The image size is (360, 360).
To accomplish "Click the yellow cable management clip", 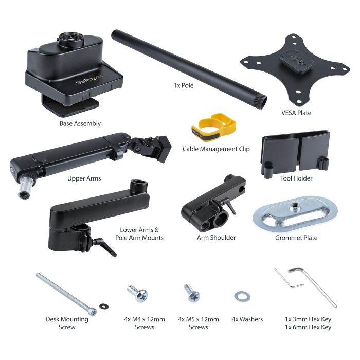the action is point(213,128).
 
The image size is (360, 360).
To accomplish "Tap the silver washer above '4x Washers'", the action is point(242,296).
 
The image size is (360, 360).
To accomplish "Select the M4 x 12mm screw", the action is point(138,294).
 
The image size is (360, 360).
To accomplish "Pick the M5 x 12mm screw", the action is point(192,293).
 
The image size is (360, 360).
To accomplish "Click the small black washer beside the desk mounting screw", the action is point(104,306).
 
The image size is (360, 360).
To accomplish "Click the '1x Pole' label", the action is point(184,85).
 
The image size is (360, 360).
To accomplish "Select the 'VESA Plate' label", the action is point(296,113).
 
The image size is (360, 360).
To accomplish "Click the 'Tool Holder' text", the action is point(296,178).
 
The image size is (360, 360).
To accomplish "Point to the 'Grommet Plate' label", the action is point(296,238).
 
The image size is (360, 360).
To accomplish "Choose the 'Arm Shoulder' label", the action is point(217,238).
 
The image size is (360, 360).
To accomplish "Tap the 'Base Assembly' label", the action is point(80,123).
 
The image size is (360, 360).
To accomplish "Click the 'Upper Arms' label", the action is point(84,178).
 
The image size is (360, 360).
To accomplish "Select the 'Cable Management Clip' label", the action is point(216,149).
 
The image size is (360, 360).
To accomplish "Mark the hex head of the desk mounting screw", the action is point(93,312).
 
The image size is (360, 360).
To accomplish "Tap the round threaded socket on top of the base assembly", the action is point(71,39).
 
